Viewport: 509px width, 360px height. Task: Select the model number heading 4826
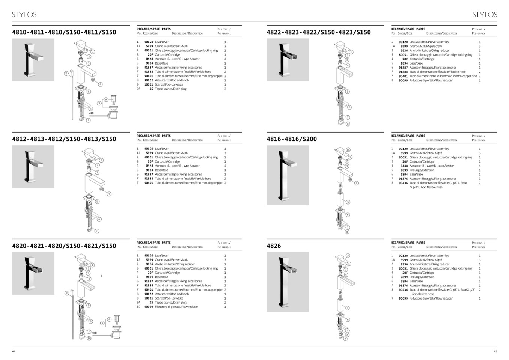pyautogui.click(x=274, y=246)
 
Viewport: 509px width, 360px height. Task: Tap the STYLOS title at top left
pyautogui.click(x=24, y=15)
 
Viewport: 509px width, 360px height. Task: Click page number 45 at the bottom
pyautogui.click(x=495, y=351)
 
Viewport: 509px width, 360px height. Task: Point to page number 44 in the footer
pyautogui.click(x=14, y=351)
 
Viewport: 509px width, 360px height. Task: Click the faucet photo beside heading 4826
pyautogui.click(x=288, y=282)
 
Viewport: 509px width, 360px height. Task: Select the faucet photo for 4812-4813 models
pyautogui.click(x=33, y=166)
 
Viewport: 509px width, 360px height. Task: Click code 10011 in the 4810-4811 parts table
pyautogui.click(x=149, y=84)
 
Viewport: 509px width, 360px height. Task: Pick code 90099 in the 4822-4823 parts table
pyautogui.click(x=403, y=80)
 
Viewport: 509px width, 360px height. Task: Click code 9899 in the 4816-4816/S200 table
pyautogui.click(x=404, y=170)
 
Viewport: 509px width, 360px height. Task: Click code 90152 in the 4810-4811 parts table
pyautogui.click(x=149, y=80)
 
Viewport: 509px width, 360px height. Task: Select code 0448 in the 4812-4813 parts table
pyautogui.click(x=149, y=166)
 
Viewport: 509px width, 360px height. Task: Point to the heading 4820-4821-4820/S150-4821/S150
pyautogui.click(x=64, y=246)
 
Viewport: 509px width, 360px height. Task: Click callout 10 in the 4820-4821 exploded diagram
pyautogui.click(x=89, y=338)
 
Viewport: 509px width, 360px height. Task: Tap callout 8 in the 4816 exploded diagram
pyautogui.click(x=347, y=232)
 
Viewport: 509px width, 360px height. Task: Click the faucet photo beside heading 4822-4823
pyautogui.click(x=288, y=60)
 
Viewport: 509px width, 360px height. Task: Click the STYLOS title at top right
pyautogui.click(x=485, y=15)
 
